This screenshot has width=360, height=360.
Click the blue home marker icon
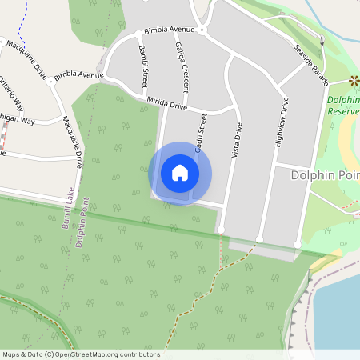[x=180, y=173]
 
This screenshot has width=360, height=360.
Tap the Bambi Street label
[x=144, y=65]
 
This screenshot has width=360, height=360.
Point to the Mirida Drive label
[x=167, y=103]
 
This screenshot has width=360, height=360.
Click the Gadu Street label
[x=202, y=128]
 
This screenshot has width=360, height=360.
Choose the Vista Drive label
[x=236, y=141]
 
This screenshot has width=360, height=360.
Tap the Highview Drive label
[x=282, y=121]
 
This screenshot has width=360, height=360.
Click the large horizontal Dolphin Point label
[x=324, y=174]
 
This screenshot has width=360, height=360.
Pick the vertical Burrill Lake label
[x=68, y=211]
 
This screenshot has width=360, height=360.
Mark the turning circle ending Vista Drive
[x=221, y=230]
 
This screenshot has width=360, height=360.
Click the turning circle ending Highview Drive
[x=259, y=239]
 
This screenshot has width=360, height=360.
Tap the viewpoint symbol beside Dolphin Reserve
[x=353, y=81]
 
